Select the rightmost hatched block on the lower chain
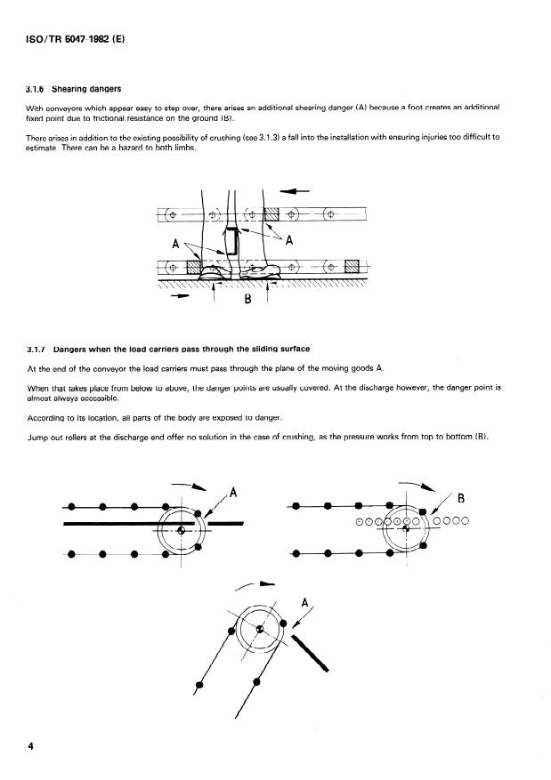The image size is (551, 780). (352, 266)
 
